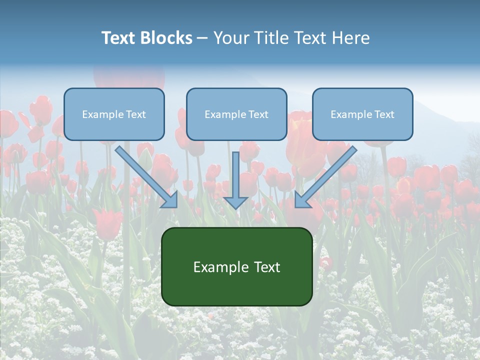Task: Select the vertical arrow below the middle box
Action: pyautogui.click(x=236, y=180)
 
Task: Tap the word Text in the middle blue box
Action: pyautogui.click(x=258, y=114)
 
